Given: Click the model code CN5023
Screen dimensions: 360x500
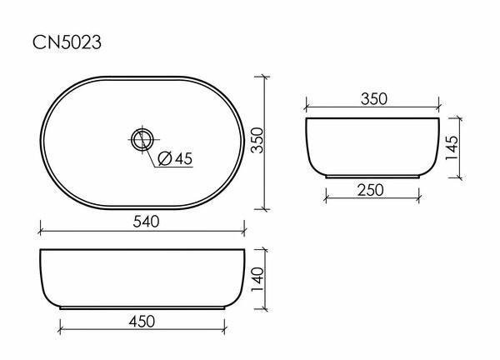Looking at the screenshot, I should point(67,42).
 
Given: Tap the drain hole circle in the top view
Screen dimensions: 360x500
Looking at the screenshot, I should point(143,137).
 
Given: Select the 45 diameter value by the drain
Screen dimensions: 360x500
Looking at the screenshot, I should point(183,157).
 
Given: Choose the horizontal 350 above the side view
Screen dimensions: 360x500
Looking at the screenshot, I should point(372,98).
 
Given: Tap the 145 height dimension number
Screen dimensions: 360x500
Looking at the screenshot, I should point(451,148).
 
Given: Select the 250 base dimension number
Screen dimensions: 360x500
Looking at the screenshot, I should point(371,190).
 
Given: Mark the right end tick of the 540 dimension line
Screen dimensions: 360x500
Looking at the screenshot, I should point(244,231).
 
